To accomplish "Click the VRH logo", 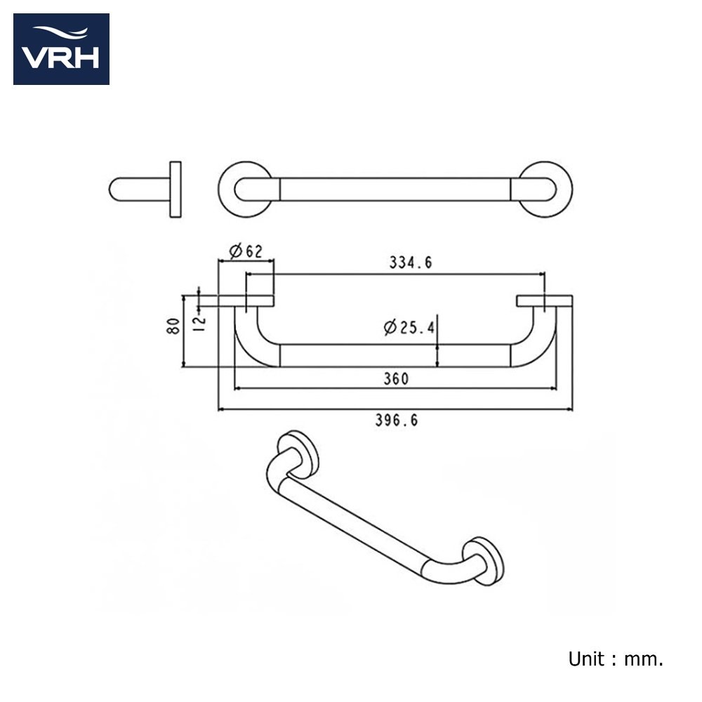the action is (x=61, y=49).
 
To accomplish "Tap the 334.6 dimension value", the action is (x=411, y=263).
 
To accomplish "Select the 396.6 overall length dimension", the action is (x=396, y=420).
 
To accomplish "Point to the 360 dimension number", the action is (x=396, y=379).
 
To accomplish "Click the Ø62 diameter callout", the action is (x=246, y=251).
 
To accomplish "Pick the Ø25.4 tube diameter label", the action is (x=409, y=327).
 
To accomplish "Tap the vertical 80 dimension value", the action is (x=173, y=326).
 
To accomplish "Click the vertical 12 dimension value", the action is (x=199, y=321).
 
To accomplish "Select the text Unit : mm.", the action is (x=616, y=659).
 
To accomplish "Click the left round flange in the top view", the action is (x=223, y=190).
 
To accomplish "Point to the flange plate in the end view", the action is (x=175, y=190).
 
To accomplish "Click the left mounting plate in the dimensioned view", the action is (x=246, y=301).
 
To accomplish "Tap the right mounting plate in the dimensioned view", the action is (x=545, y=301).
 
